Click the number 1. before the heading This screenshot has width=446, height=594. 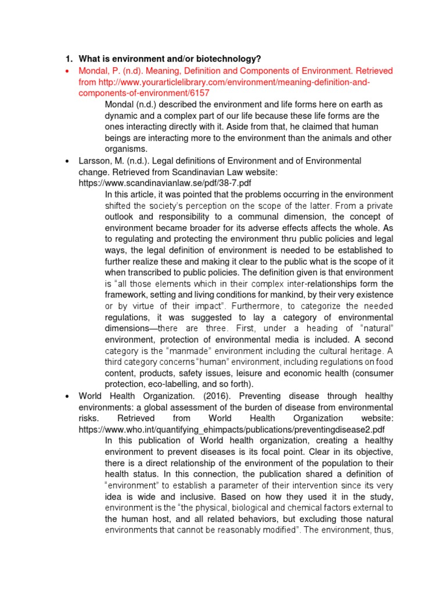68,59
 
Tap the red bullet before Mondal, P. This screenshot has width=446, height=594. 68,71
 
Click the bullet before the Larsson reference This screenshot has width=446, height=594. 68,161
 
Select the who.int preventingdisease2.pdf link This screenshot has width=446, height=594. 231,429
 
